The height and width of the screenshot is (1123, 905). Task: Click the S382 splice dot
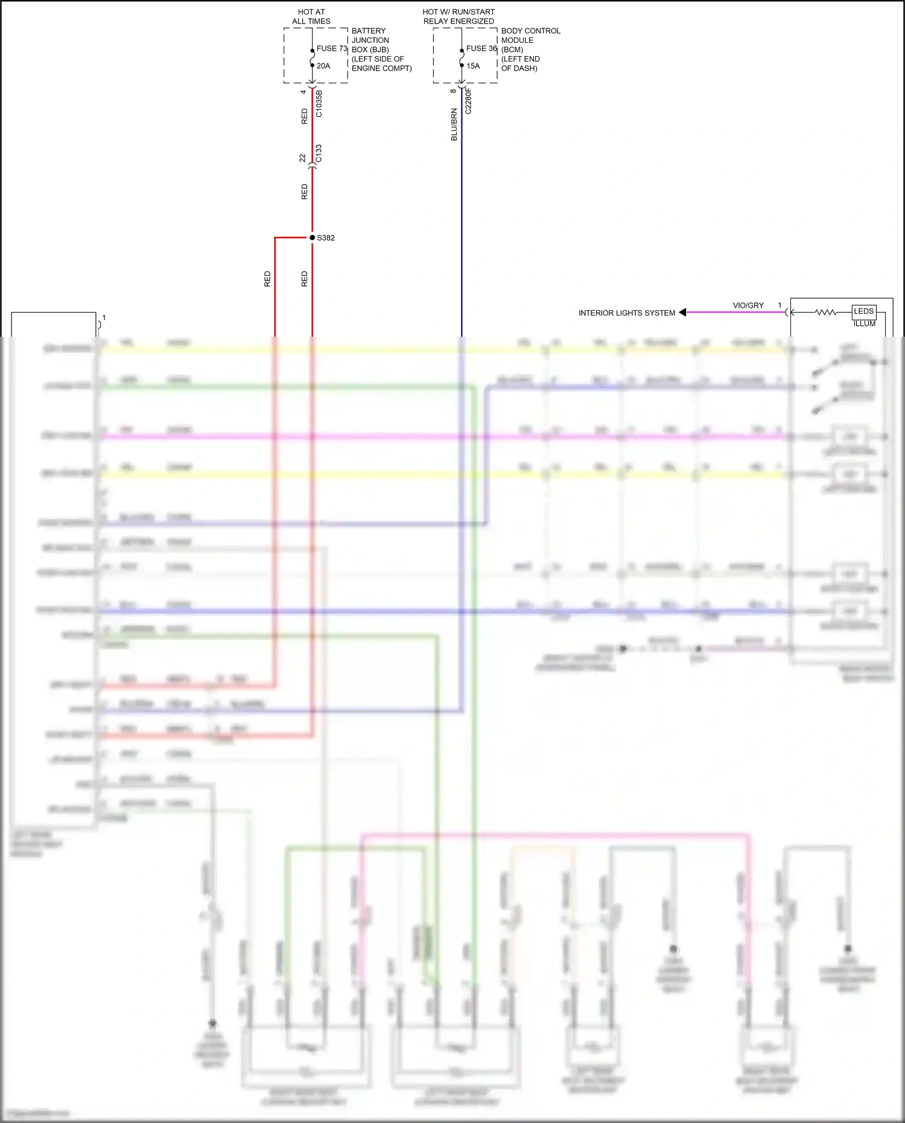[x=312, y=238]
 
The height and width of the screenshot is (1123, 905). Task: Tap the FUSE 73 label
[x=332, y=48]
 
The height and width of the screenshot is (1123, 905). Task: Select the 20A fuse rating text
[x=323, y=66]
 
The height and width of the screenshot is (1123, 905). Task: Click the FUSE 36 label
[x=481, y=48]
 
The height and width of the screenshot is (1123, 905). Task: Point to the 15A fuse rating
[x=473, y=66]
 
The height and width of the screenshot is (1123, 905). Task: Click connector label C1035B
[x=319, y=104]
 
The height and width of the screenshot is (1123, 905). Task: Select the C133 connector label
[x=319, y=153]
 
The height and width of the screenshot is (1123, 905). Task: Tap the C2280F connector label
[x=468, y=101]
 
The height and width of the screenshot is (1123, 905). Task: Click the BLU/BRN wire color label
[x=454, y=125]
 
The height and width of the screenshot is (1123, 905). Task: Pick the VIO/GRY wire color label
[x=748, y=305]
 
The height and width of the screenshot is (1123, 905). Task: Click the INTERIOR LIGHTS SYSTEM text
[x=626, y=313]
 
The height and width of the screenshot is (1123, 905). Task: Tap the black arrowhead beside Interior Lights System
[x=682, y=313]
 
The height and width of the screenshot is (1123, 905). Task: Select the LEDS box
[x=863, y=311]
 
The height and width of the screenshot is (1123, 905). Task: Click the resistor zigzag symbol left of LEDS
[x=825, y=312]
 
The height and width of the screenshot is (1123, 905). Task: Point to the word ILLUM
[x=864, y=324]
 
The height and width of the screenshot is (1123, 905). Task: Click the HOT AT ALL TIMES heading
[x=311, y=16]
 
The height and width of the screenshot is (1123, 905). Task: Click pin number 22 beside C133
[x=303, y=158]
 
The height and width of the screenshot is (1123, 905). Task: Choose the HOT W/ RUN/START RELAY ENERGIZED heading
[x=459, y=16]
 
